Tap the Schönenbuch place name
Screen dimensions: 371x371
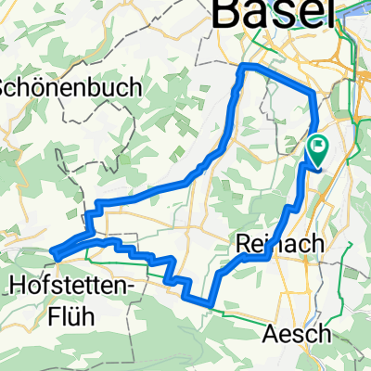pos(70,88)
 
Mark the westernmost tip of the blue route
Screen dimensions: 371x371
pos(54,251)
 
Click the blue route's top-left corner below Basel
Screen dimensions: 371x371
pos(242,67)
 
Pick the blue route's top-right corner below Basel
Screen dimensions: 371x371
pos(313,93)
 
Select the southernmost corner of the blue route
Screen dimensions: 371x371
pos(212,302)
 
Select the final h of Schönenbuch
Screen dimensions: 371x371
pos(136,88)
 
